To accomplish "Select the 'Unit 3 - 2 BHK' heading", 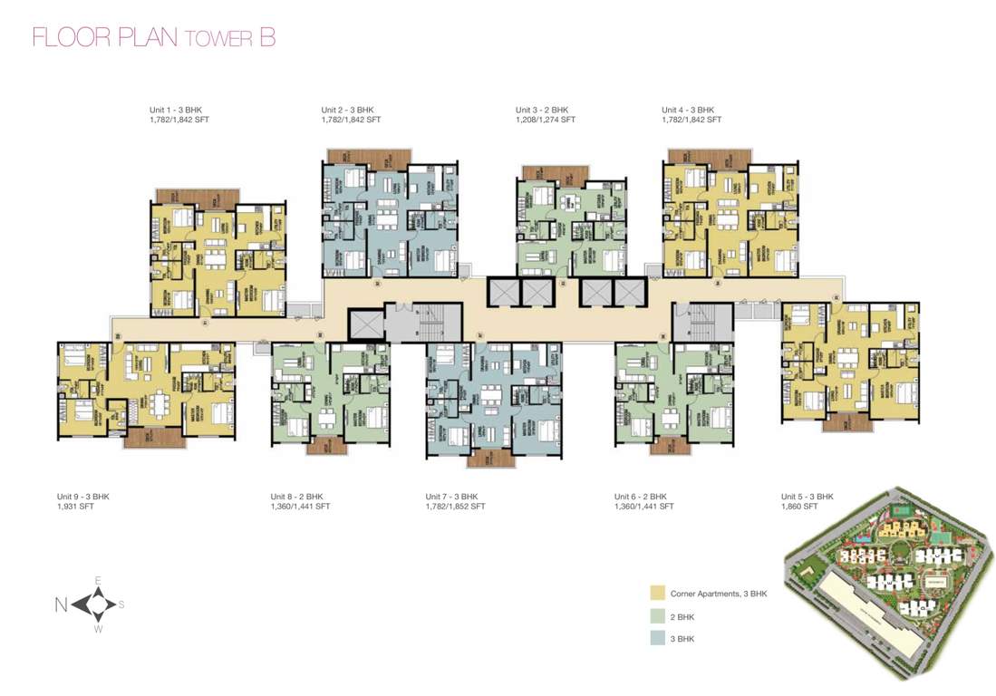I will (x=542, y=110).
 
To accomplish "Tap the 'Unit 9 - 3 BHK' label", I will (x=82, y=497).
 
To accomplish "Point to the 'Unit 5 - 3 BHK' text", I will (x=807, y=497).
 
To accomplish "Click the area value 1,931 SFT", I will (x=75, y=507).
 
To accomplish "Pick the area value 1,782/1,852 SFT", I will (x=455, y=507).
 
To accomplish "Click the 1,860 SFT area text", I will (x=799, y=507).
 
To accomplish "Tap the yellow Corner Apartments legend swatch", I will (x=657, y=594).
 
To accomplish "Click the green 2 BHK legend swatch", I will (x=657, y=616).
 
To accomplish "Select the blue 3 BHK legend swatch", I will (x=657, y=638).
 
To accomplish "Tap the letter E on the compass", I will (x=98, y=580).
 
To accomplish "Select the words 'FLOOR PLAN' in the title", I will (x=105, y=37).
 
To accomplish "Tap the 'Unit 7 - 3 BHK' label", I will (x=451, y=497).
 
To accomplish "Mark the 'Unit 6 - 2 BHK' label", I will (x=640, y=497).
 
